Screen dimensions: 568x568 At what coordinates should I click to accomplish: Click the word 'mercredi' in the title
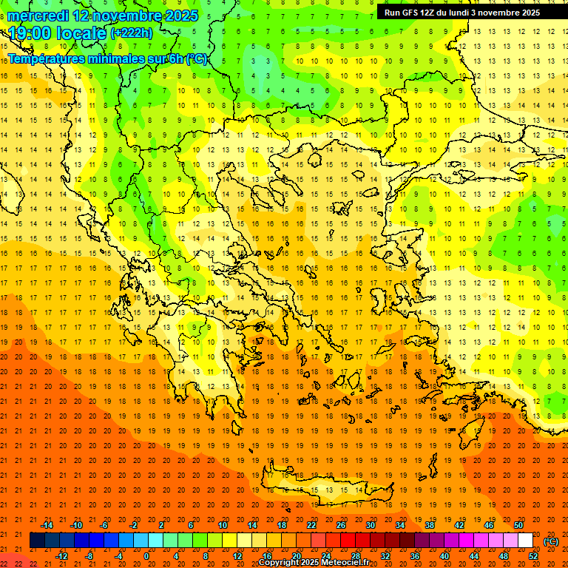[x=38, y=16]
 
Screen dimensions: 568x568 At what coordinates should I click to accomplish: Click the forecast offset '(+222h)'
[x=132, y=33]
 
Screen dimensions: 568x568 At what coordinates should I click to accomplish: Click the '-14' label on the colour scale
[x=47, y=525]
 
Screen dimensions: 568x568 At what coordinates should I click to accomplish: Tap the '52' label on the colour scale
[x=533, y=556]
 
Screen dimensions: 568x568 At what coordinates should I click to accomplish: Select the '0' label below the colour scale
[x=146, y=556]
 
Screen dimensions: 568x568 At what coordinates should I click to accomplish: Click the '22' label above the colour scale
[x=311, y=525]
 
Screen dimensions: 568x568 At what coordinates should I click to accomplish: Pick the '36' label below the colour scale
[x=415, y=556]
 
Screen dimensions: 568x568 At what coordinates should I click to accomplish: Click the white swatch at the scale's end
[x=526, y=541]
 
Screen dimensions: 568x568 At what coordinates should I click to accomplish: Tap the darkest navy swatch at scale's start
[x=37, y=541]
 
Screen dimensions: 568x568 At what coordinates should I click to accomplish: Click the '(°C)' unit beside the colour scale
[x=551, y=541]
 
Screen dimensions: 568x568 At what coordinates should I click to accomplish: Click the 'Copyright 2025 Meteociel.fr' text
[x=314, y=563]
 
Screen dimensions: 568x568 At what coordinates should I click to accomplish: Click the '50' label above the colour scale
[x=518, y=525]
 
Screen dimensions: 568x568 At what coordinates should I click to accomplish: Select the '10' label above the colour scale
[x=223, y=525]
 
